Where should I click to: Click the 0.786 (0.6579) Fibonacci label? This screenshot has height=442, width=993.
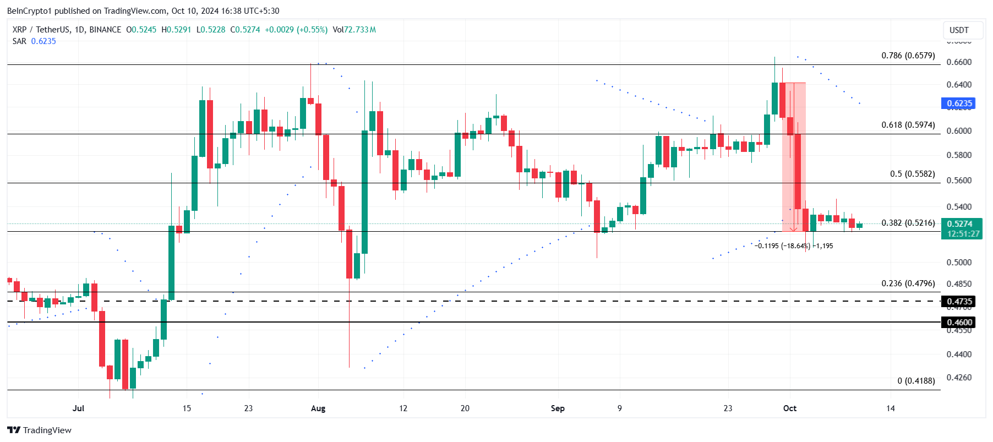(908, 56)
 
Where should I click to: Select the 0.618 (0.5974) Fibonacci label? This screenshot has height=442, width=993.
(908, 125)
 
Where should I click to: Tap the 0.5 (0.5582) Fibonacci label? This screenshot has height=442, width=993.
(912, 174)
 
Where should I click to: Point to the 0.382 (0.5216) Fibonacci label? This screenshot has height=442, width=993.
(908, 223)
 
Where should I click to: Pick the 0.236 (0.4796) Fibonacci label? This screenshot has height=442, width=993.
(908, 283)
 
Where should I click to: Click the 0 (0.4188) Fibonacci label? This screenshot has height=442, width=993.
(916, 381)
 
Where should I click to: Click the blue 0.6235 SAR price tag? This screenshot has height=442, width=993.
(958, 103)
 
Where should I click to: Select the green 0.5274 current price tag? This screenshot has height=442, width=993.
(959, 224)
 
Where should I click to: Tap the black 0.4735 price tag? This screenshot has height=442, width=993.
(959, 302)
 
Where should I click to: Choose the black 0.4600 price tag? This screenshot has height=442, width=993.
(959, 323)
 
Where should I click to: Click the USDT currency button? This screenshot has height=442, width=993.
(959, 30)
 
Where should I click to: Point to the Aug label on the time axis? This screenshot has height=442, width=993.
(318, 408)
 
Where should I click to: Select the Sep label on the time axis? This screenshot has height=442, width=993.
(558, 408)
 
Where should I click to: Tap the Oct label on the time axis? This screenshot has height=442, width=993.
(790, 408)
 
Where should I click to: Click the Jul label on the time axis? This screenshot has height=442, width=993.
(78, 408)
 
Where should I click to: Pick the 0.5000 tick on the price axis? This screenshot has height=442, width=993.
(959, 263)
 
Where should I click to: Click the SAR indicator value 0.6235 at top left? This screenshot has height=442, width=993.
(43, 41)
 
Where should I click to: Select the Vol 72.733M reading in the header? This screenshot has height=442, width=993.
(354, 30)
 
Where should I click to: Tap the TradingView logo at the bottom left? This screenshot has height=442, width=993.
(39, 430)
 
